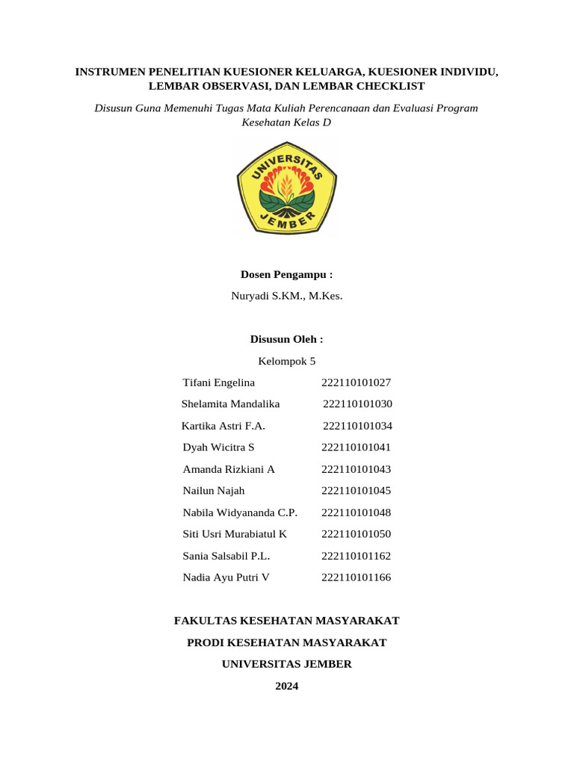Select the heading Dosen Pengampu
[286, 275]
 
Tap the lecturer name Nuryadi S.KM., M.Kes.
[286, 296]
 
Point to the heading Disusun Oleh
[286, 339]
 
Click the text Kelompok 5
[286, 361]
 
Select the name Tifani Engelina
[218, 382]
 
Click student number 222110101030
[357, 404]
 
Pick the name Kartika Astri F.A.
[223, 426]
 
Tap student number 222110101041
[356, 447]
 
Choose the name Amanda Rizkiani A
[229, 469]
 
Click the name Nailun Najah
[213, 491]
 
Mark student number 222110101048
[356, 512]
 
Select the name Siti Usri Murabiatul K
[235, 534]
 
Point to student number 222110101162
[356, 556]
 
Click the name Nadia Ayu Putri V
[226, 577]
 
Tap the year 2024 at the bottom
[286, 686]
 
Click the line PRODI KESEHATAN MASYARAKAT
[286, 642]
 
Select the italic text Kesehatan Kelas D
[286, 123]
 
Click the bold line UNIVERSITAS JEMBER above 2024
[286, 664]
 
